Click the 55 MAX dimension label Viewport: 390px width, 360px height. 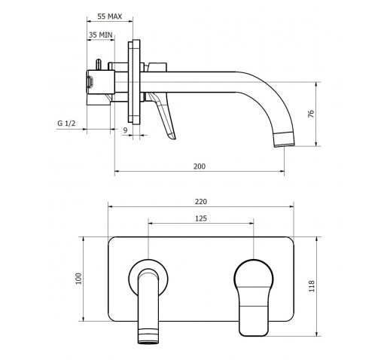coord(110,17)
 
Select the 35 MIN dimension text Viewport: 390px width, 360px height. coord(100,35)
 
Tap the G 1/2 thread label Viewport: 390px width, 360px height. coord(66,124)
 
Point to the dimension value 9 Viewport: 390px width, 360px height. coord(125,130)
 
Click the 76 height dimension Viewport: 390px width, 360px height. coord(311,114)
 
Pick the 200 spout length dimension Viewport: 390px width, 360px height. coord(200,166)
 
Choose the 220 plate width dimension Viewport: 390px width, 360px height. coord(201,202)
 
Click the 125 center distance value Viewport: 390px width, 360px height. coord(201,218)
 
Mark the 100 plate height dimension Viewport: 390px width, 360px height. coord(79,279)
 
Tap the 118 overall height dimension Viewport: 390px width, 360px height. coord(312,286)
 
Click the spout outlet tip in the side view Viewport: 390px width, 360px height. coord(285,145)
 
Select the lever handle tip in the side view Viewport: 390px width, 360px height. coord(172,137)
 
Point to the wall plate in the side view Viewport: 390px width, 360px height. coord(134,81)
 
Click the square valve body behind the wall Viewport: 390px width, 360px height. coord(101,82)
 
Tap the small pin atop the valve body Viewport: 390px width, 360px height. coord(99,65)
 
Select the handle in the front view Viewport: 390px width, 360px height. coord(254,297)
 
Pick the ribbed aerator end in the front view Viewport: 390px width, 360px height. coord(148,336)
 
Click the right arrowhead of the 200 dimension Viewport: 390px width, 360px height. coord(282,172)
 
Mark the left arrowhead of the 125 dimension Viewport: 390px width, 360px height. coord(151,223)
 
